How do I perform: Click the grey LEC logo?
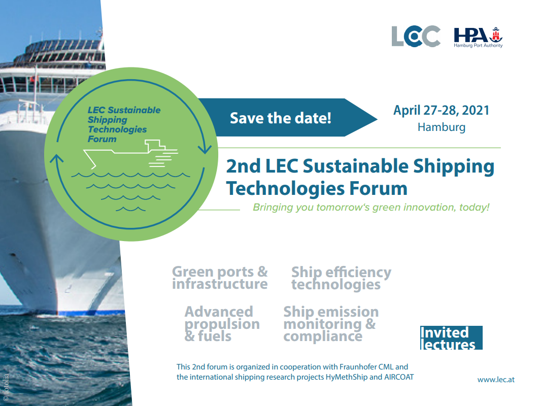[x=416, y=36]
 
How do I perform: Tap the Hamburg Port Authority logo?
[x=478, y=38]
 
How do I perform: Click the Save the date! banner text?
[x=281, y=118]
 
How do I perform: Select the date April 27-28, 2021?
[x=442, y=110]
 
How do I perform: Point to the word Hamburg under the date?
[x=442, y=127]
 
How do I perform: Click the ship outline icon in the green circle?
[x=130, y=154]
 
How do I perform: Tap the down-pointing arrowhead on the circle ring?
[x=205, y=149]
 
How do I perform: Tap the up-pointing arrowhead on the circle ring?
[x=57, y=158]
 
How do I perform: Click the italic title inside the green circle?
[x=124, y=124]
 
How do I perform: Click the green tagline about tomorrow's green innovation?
[x=371, y=207]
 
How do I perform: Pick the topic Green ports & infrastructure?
[x=220, y=278]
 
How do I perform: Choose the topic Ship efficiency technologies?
[x=342, y=278]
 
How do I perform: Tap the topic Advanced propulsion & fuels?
[x=222, y=324]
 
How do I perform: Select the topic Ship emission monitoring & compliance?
[x=331, y=324]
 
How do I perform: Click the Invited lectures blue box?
[x=451, y=337]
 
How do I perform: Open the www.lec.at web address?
[x=496, y=380]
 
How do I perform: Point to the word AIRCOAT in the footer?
[x=399, y=377]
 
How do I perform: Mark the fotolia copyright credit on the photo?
[x=6, y=387]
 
